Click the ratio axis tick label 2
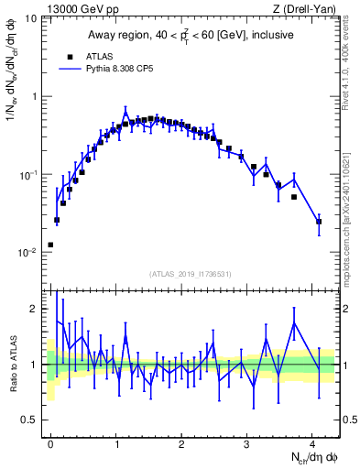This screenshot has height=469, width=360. (x=35, y=310)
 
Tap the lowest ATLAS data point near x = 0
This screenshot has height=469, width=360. (x=50, y=245)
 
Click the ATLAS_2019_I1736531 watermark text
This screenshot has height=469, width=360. (x=191, y=274)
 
